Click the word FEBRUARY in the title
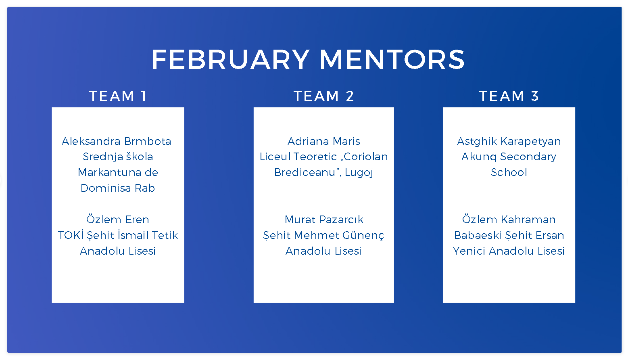pyautogui.click(x=231, y=59)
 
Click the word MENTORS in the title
pyautogui.click(x=392, y=59)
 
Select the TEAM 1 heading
pyautogui.click(x=118, y=96)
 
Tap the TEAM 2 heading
pyautogui.click(x=323, y=96)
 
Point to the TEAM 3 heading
pyautogui.click(x=509, y=96)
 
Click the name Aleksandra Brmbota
pyautogui.click(x=116, y=141)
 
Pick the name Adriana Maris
pyautogui.click(x=324, y=141)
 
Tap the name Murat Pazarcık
pyautogui.click(x=324, y=220)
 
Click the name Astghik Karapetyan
pyautogui.click(x=509, y=142)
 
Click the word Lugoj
pyautogui.click(x=359, y=173)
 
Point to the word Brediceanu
pyautogui.click(x=305, y=172)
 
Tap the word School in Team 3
pyautogui.click(x=509, y=172)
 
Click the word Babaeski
pyautogui.click(x=478, y=235)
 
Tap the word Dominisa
pyautogui.click(x=106, y=188)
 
